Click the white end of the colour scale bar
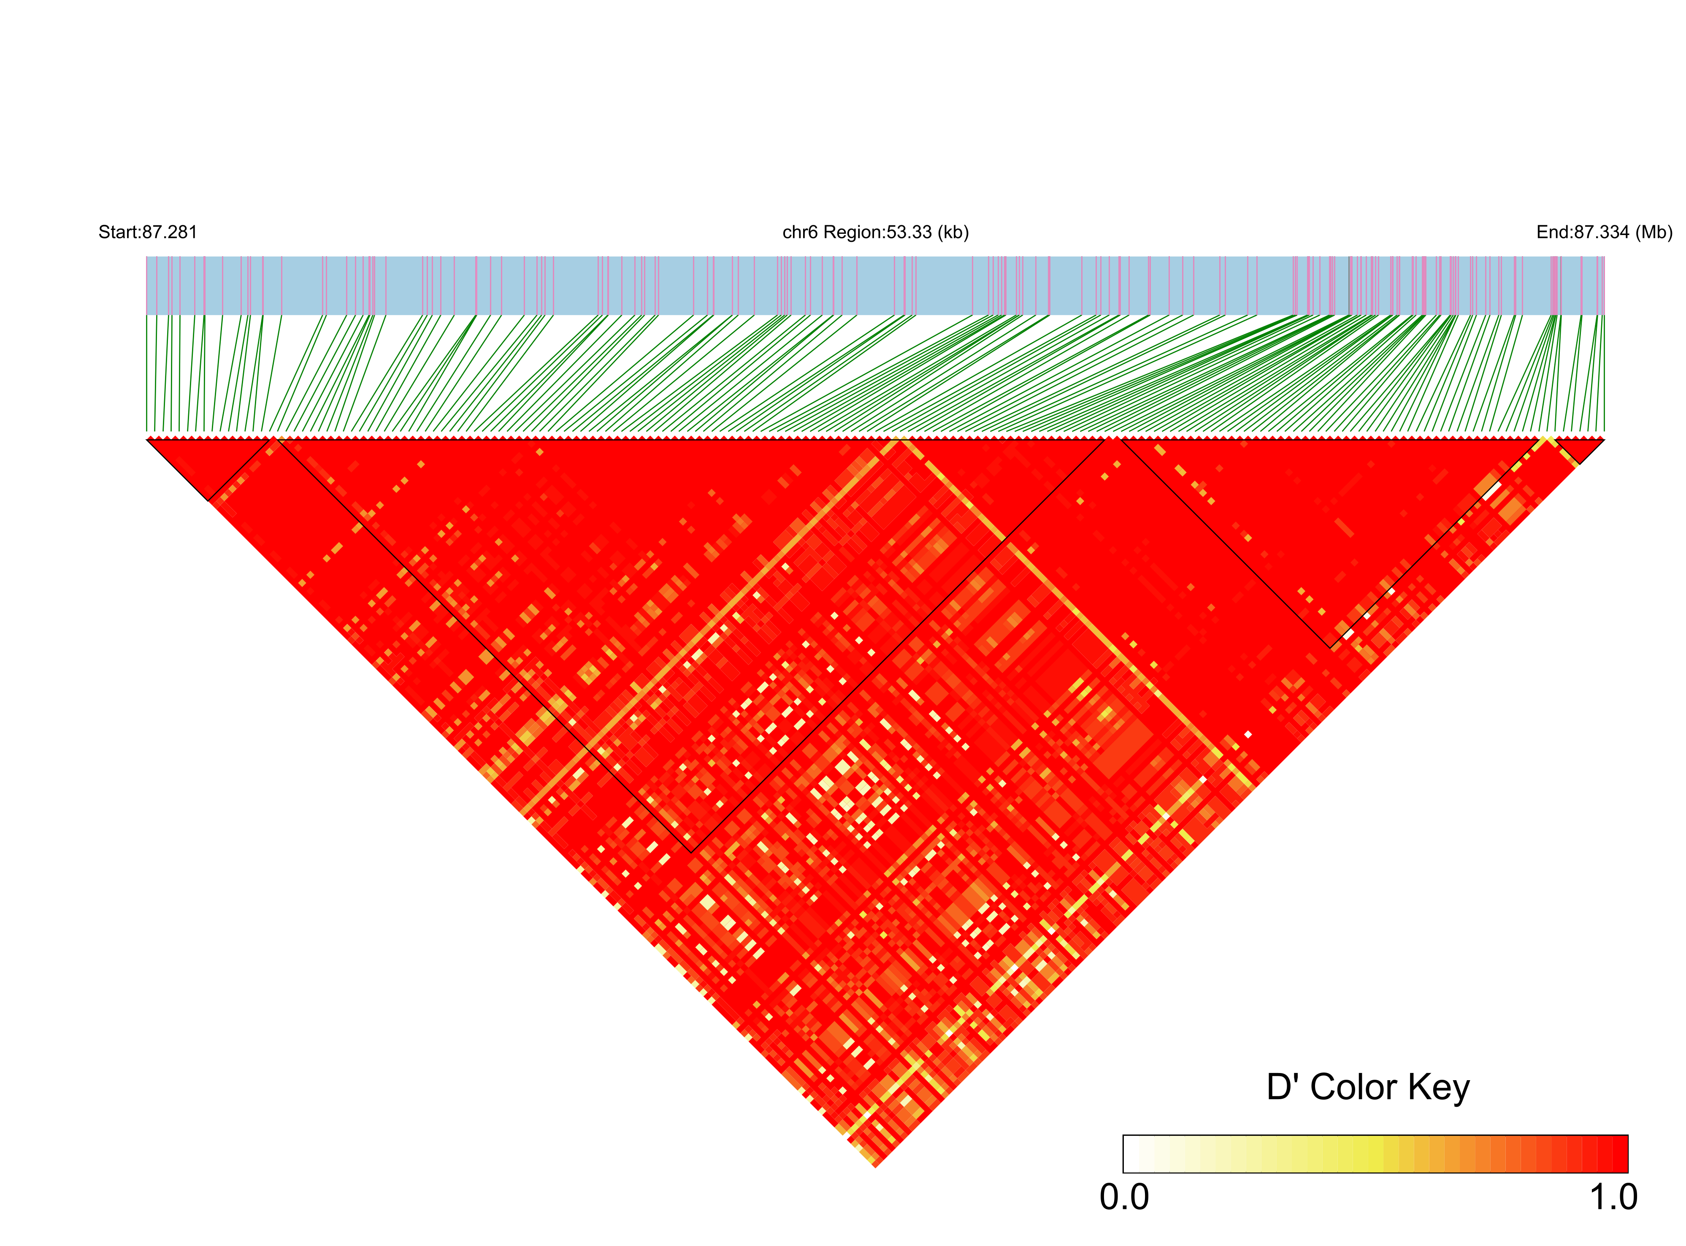tap(1129, 1154)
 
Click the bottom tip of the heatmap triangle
tap(875, 1167)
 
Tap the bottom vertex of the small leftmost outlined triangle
tap(209, 500)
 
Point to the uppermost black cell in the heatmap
tap(1015, 968)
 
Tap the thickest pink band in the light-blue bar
tap(1554, 285)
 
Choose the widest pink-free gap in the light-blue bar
tap(943, 285)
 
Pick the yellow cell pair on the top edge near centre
tap(900, 438)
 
